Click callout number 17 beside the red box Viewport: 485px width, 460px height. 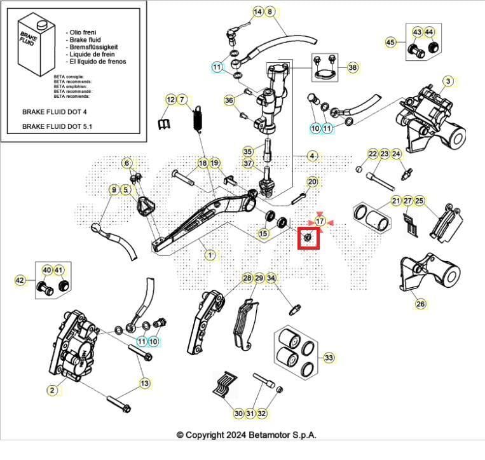point(320,221)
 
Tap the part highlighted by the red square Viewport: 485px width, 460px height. point(308,237)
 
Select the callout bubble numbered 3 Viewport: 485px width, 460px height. point(448,81)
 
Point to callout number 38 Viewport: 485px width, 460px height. point(352,67)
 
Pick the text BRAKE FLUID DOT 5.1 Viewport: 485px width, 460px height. point(57,126)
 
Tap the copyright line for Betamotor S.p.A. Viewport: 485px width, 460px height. point(245,435)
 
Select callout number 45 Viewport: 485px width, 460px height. point(391,43)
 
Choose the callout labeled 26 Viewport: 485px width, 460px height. point(420,304)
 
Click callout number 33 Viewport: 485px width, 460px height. point(328,358)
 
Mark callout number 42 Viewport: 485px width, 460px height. point(20,280)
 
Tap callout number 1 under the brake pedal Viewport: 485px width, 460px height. point(210,254)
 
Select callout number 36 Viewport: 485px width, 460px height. point(229,100)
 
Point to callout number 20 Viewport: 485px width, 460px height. point(312,182)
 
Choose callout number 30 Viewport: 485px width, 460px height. point(238,414)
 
